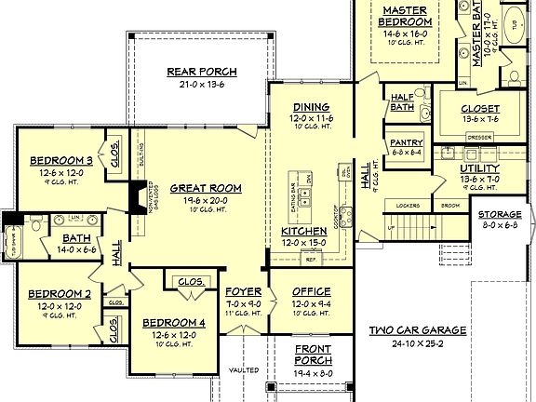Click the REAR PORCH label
pyautogui.click(x=202, y=72)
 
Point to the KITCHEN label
pyautogui.click(x=303, y=231)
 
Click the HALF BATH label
pyautogui.click(x=402, y=101)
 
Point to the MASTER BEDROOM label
pyautogui.click(x=404, y=15)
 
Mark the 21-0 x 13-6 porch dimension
pyautogui.click(x=202, y=84)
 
